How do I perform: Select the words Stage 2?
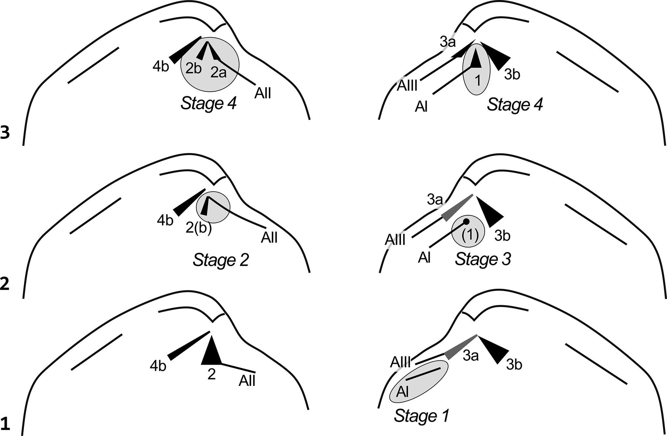click(221, 260)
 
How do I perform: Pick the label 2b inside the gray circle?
click(193, 68)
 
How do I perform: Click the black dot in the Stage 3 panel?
click(466, 222)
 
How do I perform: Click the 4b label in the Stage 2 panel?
click(165, 221)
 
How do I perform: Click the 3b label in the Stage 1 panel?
click(514, 365)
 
